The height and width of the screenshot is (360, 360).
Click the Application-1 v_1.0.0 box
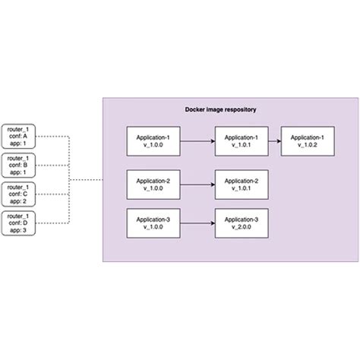(153, 141)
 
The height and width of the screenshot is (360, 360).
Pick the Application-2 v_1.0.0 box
(153, 185)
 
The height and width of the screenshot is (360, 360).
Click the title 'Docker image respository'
(220, 110)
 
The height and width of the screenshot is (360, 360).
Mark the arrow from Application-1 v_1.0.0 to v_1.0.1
(197, 141)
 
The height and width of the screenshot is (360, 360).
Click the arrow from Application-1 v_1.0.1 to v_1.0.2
(275, 141)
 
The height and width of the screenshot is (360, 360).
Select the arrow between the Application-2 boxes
(197, 185)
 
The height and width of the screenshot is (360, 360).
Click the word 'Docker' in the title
(197, 110)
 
